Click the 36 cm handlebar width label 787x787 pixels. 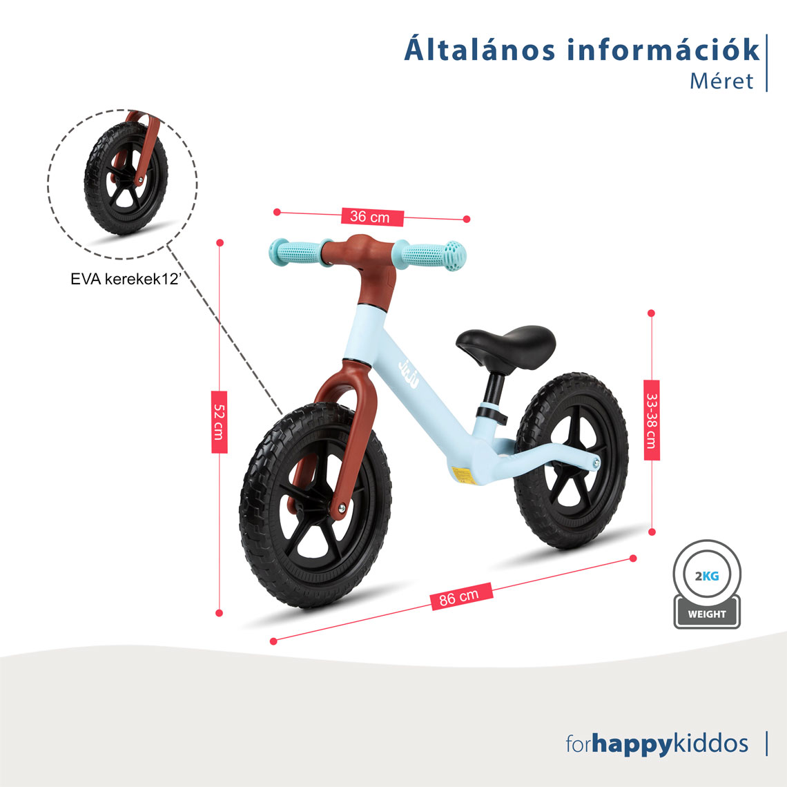click(369, 217)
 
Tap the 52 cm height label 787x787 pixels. click(219, 421)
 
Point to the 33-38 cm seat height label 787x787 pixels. click(651, 420)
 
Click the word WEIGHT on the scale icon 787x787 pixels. click(707, 614)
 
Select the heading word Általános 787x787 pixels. click(478, 50)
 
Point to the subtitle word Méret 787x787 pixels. click(721, 81)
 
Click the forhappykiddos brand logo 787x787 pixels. click(657, 744)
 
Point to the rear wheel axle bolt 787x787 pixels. click(594, 463)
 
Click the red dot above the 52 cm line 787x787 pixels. click(220, 242)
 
